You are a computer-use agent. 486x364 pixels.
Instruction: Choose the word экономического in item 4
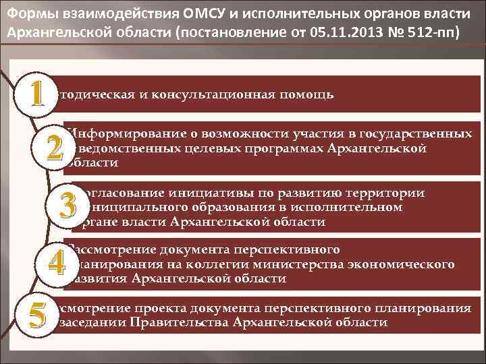click(x=398, y=264)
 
